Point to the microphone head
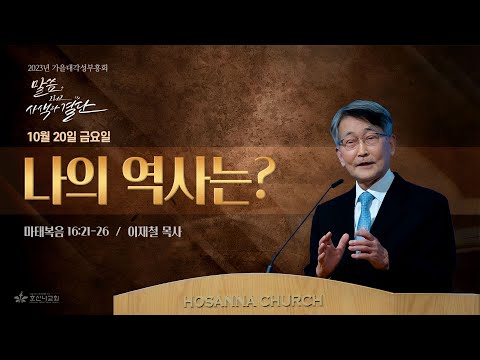pos(335,184)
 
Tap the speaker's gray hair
pos(362,115)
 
